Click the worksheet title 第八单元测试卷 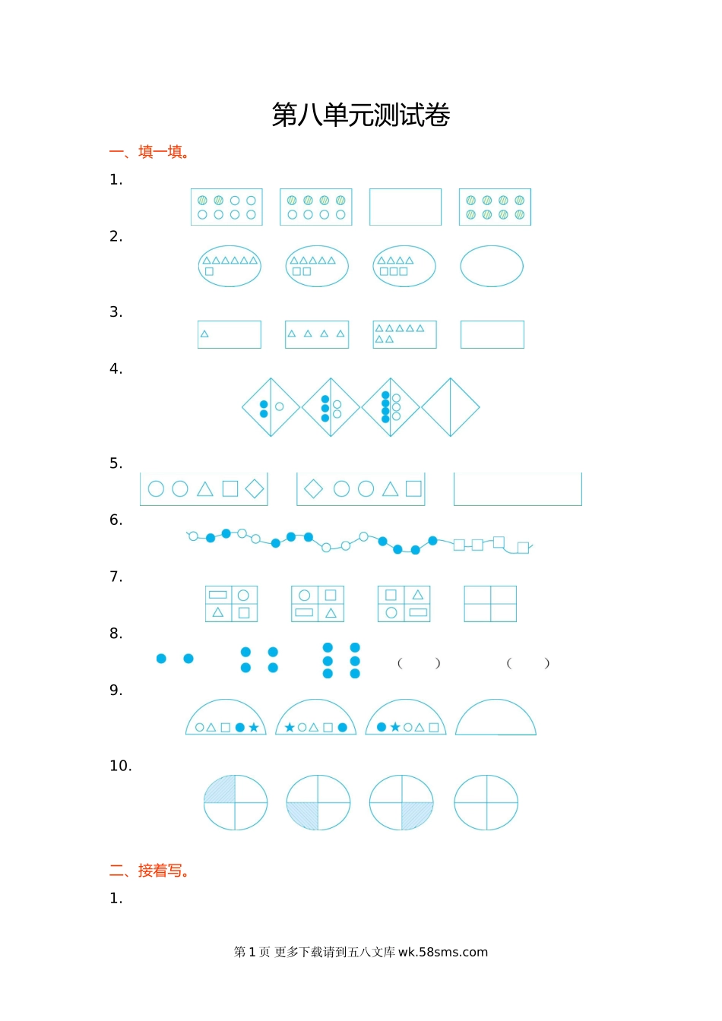point(361,115)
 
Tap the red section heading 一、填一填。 point(149,152)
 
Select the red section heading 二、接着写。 point(149,871)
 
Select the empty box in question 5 point(518,505)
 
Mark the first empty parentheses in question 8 point(419,663)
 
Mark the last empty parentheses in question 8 point(527,663)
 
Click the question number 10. point(120,766)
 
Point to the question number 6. point(116,520)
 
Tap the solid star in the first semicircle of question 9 point(254,728)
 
